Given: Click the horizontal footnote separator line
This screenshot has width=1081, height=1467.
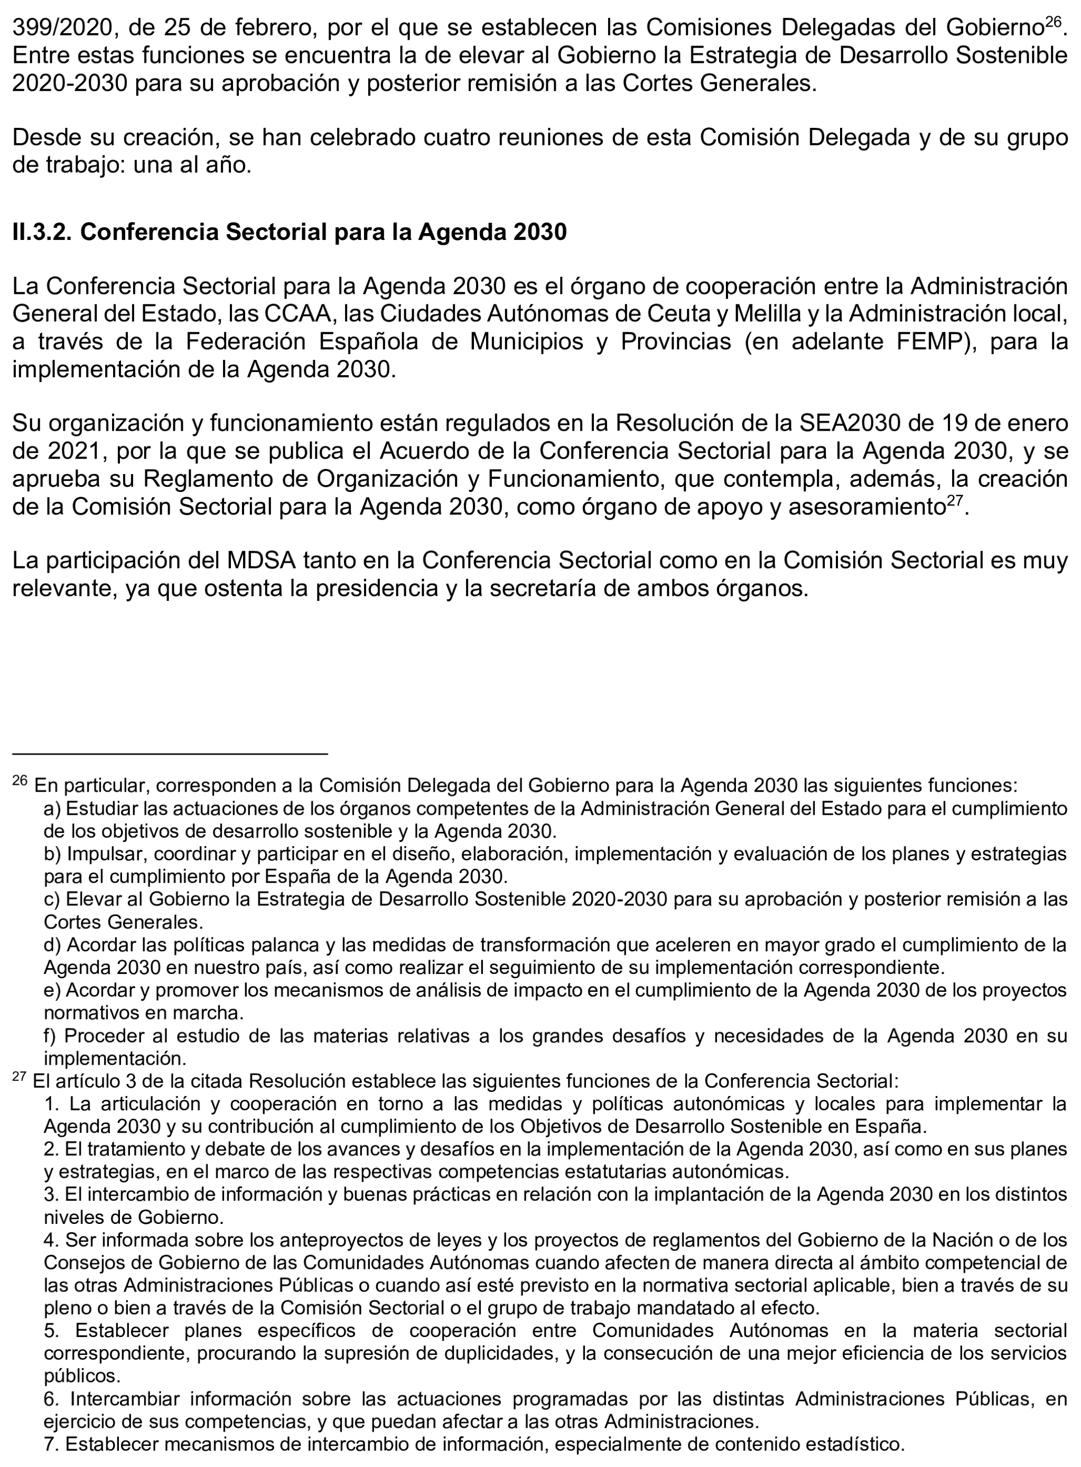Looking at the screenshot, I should click(170, 754).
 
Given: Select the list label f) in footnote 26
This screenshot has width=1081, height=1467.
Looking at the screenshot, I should click(52, 1036).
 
